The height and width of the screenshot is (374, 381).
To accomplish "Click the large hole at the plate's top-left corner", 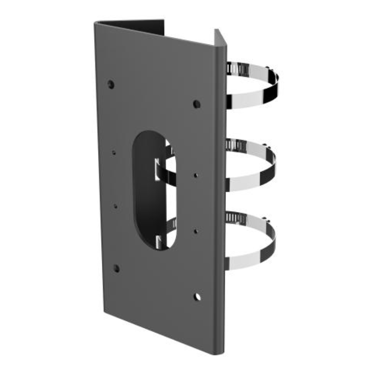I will pos(111,84).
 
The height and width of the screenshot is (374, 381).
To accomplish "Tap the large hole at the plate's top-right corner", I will pos(197,104).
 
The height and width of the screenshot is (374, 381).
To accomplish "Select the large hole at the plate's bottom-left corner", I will pos(116,268).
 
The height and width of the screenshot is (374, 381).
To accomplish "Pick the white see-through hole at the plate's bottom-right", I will pos(197,297).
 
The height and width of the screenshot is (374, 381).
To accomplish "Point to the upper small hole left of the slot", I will pos(114,152).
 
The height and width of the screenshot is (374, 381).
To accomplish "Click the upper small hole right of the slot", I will pos(196,175).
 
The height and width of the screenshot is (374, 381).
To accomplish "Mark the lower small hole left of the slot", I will pos(115,206).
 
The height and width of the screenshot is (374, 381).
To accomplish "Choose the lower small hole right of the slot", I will pos(196,231).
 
